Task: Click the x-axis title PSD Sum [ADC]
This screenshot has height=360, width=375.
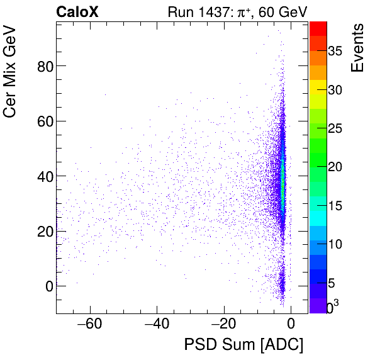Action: tap(243, 345)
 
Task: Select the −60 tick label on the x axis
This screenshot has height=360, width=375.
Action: tap(89, 325)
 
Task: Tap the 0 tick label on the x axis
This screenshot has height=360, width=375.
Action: tap(291, 325)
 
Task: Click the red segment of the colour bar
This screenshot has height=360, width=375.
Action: tap(318, 28)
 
